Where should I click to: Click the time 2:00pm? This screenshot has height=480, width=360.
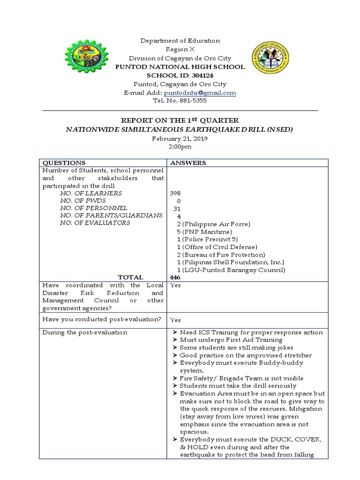180,147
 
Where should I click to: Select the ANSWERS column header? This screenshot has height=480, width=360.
187,163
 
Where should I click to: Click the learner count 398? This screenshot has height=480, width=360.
175,193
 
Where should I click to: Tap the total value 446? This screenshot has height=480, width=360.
176,277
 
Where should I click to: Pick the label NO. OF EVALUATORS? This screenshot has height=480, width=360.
95,223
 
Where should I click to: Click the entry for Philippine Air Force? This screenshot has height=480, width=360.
214,224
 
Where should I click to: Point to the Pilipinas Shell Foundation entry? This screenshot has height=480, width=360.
230,262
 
